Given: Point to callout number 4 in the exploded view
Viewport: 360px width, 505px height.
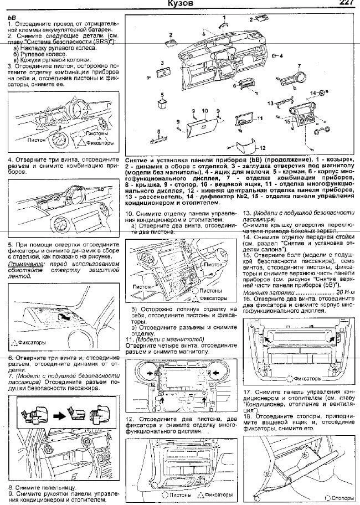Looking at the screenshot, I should (x=281, y=56).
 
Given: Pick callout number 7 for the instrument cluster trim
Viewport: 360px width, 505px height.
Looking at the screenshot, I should (x=299, y=66).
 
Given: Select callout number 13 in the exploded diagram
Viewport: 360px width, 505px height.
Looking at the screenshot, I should (x=271, y=103).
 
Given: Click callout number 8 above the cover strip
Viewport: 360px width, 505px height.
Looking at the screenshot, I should (x=159, y=126).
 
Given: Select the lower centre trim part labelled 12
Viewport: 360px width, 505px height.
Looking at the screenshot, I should (x=246, y=147).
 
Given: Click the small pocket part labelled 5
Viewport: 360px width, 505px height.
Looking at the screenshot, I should (x=162, y=102).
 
